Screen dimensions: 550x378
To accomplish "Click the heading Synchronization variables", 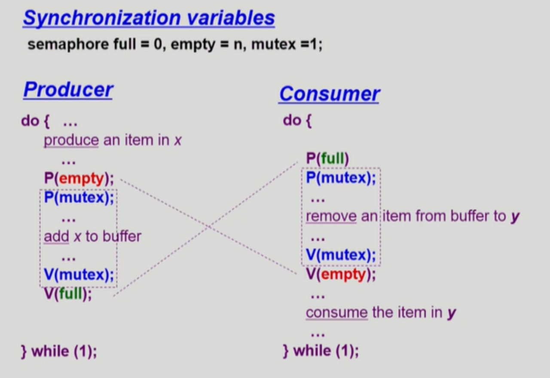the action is pyautogui.click(x=149, y=18).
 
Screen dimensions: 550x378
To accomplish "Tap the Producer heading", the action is pyautogui.click(x=68, y=90).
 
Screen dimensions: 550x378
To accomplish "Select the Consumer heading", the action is pyautogui.click(x=329, y=94).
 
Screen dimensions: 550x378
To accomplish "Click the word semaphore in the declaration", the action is pyautogui.click(x=68, y=45).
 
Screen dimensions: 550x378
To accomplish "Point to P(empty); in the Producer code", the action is pyautogui.click(x=79, y=178).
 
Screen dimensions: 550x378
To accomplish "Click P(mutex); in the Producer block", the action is pyautogui.click(x=79, y=198).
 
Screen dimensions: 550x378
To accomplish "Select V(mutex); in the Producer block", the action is pyautogui.click(x=79, y=274).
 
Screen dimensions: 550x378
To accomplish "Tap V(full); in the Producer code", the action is pyautogui.click(x=68, y=293).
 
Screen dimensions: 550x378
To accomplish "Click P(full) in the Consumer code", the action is pyautogui.click(x=327, y=159).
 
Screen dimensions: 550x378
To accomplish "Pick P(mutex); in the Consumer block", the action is pyautogui.click(x=341, y=178).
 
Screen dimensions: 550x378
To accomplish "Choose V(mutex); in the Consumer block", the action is pyautogui.click(x=341, y=255).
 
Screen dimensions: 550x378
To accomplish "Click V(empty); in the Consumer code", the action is pyautogui.click(x=341, y=274).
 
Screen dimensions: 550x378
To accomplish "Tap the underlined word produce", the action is pyautogui.click(x=71, y=140).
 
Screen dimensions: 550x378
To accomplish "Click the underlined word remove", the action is pyautogui.click(x=331, y=216).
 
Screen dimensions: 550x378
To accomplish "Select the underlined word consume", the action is pyautogui.click(x=337, y=313).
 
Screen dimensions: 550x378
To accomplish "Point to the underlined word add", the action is pyautogui.click(x=56, y=236).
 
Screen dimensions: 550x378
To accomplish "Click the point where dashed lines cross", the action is pyautogui.click(x=208, y=227).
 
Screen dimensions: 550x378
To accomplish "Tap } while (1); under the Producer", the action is pyautogui.click(x=59, y=351).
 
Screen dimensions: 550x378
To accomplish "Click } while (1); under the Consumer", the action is pyautogui.click(x=321, y=351).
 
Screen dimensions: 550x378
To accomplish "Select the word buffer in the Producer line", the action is pyautogui.click(x=122, y=236).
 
